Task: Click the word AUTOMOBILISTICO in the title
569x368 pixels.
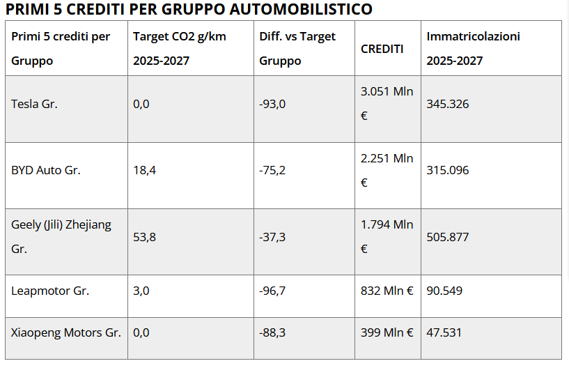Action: point(301,9)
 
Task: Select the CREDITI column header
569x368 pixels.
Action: point(382,49)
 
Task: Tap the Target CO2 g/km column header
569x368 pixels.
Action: point(179,48)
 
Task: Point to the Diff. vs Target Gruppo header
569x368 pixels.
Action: point(297,48)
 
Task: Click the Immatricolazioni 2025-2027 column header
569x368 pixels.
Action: point(473,48)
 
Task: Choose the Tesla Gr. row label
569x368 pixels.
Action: point(34,104)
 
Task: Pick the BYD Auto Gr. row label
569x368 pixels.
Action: point(46,170)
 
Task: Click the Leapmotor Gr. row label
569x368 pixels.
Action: point(50,291)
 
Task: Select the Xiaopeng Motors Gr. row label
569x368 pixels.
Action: point(66,332)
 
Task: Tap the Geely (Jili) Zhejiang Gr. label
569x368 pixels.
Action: point(61,237)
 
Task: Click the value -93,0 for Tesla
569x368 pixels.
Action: point(272,105)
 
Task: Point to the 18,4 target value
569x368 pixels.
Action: point(144,170)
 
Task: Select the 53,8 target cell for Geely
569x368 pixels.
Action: point(144,237)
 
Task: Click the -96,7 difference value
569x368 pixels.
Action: point(272,291)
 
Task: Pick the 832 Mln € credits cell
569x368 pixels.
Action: point(387,291)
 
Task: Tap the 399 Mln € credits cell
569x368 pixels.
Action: point(387,332)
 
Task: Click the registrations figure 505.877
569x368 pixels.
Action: point(448,237)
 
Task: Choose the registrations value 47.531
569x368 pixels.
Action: point(444,332)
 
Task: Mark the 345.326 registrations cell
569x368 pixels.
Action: point(448,105)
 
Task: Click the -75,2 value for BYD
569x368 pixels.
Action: point(272,170)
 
